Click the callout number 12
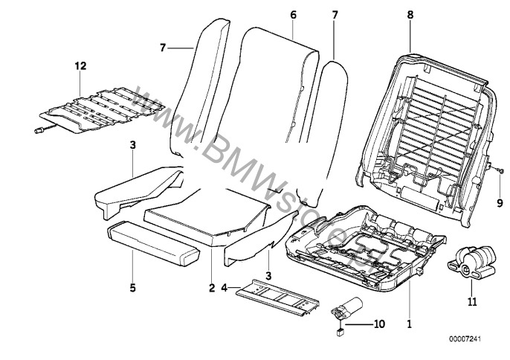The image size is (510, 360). pyautogui.click(x=80, y=66)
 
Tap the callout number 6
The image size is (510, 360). pyautogui.click(x=293, y=14)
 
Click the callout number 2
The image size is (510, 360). pyautogui.click(x=212, y=287)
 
